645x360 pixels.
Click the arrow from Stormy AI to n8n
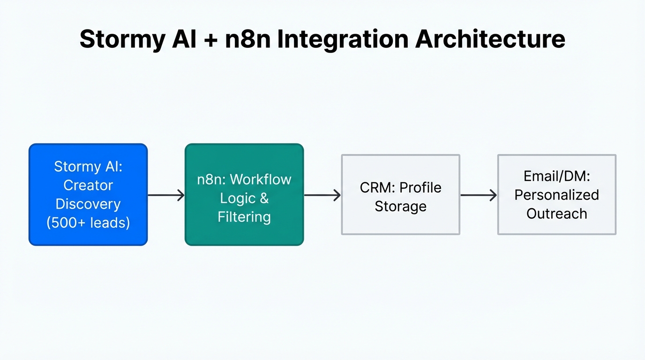pyautogui.click(x=166, y=195)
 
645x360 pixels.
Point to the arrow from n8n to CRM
pyautogui.click(x=322, y=195)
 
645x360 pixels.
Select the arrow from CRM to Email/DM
pyautogui.click(x=478, y=195)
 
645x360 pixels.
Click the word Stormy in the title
pyautogui.click(x=122, y=39)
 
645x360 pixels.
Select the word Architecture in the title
pyautogui.click(x=490, y=39)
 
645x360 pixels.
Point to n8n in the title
pyautogui.click(x=248, y=39)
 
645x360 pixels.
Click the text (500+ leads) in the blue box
pyautogui.click(x=88, y=223)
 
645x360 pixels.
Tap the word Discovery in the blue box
pyautogui.click(x=88, y=204)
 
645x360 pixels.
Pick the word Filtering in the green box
pyautogui.click(x=244, y=217)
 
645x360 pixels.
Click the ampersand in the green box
pyautogui.click(x=264, y=198)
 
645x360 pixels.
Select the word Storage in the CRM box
pyautogui.click(x=400, y=206)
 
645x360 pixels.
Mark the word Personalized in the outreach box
pyautogui.click(x=556, y=195)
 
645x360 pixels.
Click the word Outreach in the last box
pyautogui.click(x=556, y=213)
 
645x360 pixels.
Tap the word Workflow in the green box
pyautogui.click(x=261, y=180)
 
